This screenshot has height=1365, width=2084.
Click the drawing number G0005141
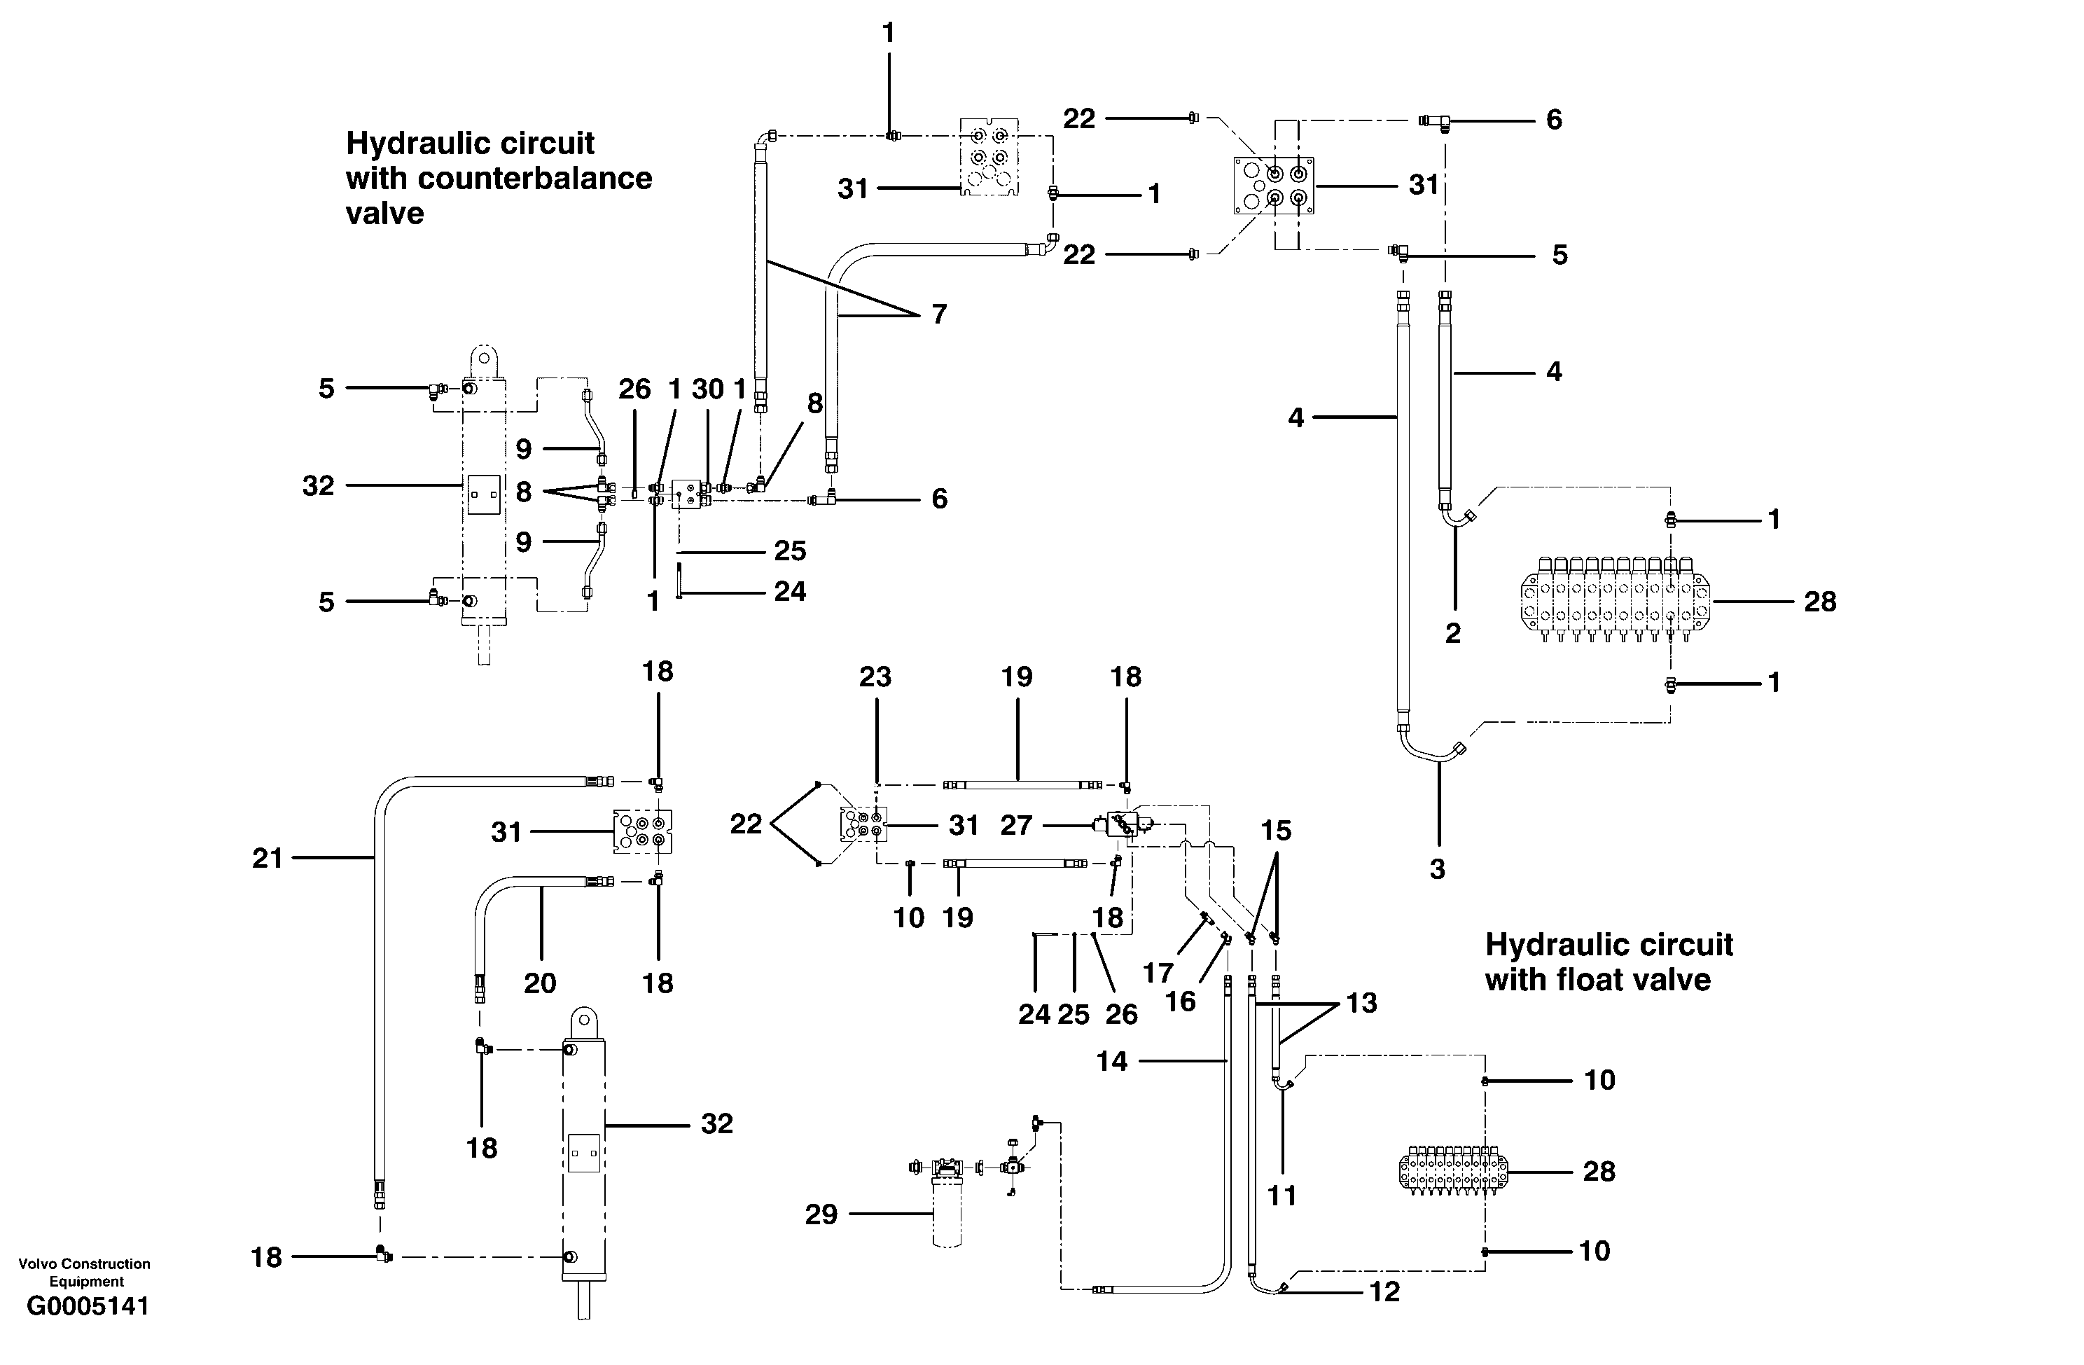point(88,1306)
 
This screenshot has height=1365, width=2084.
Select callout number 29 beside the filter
point(821,1214)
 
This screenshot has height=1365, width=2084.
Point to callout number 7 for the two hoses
point(938,314)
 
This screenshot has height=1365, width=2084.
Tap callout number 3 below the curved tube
point(1437,869)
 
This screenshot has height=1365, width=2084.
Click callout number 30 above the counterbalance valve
point(707,389)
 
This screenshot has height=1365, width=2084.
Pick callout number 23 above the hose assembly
point(875,677)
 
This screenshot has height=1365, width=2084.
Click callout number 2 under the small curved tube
point(1452,633)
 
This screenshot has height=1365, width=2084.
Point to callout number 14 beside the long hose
point(1111,1061)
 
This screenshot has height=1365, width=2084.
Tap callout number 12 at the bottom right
point(1384,1291)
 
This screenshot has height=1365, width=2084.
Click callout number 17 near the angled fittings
point(1158,973)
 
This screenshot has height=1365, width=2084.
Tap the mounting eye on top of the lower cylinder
point(584,1022)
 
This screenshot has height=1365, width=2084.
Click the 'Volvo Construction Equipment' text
point(84,1272)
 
